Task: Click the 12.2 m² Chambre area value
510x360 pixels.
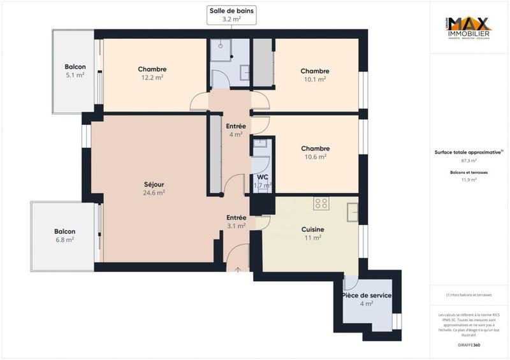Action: [x=152, y=78]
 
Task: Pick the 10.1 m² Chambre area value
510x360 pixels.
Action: [x=314, y=80]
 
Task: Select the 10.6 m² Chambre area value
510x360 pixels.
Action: [x=314, y=156]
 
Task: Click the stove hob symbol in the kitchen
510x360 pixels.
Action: [x=321, y=204]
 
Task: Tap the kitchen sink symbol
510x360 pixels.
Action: [x=351, y=211]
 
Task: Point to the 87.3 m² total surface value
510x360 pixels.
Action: [x=469, y=161]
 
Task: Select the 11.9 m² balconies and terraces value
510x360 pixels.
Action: [x=469, y=180]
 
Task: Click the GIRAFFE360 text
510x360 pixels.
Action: [x=469, y=343]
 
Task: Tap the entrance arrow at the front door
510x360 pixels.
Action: [x=238, y=270]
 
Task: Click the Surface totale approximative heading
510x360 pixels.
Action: [x=469, y=152]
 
